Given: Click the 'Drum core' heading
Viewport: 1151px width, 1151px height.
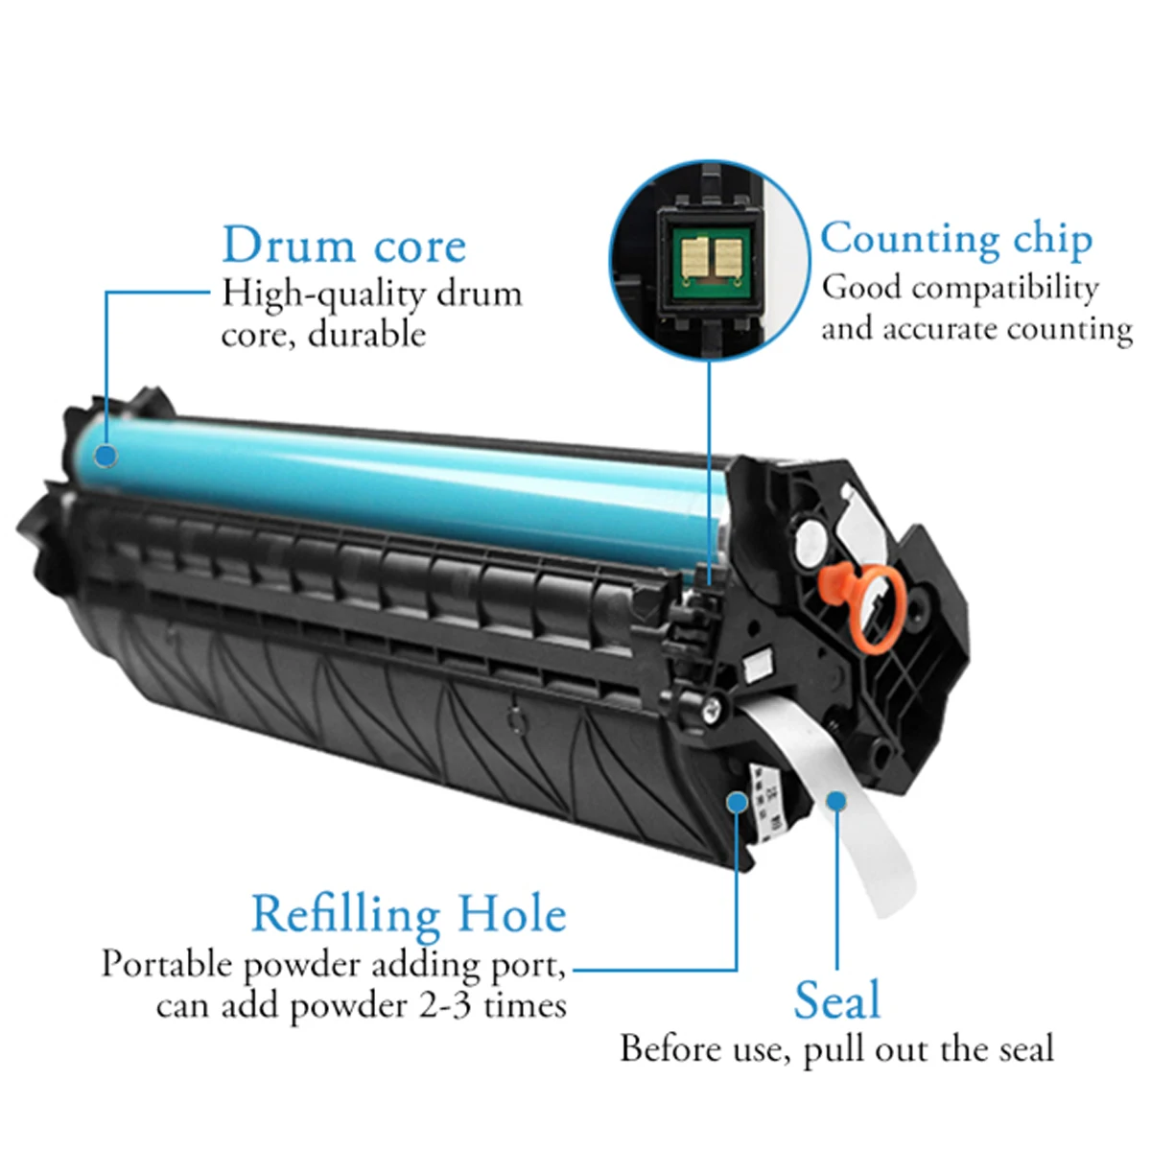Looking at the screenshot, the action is point(343,246).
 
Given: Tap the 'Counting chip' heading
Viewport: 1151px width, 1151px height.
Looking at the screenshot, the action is point(955,240).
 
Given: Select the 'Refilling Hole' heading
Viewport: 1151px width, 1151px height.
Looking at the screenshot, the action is point(409,914).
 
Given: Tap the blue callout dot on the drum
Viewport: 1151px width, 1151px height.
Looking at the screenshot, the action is point(106,454).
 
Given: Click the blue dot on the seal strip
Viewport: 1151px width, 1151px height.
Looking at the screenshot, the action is point(836,801).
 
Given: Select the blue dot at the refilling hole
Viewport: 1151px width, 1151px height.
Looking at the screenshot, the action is point(737,801).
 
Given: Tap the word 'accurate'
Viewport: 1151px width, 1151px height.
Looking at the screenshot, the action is point(940,329).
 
